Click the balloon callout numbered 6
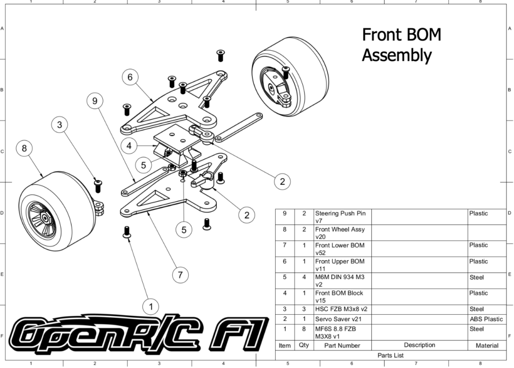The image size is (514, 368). (x=130, y=77)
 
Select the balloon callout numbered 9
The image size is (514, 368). (x=94, y=101)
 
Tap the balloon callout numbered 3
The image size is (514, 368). (x=60, y=125)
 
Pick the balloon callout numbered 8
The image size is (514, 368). (x=24, y=148)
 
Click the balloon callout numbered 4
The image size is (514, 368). (x=129, y=146)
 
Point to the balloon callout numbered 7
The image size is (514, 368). (x=180, y=275)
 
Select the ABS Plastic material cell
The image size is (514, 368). (x=486, y=319)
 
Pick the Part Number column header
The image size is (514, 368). (x=342, y=345)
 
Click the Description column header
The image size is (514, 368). (x=419, y=345)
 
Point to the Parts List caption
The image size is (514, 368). (x=392, y=355)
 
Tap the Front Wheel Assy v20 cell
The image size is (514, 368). (x=340, y=233)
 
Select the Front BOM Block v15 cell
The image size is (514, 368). (x=339, y=297)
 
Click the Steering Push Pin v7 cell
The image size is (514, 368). (x=340, y=217)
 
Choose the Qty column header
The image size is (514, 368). (x=303, y=345)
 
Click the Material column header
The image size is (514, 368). (x=486, y=345)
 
